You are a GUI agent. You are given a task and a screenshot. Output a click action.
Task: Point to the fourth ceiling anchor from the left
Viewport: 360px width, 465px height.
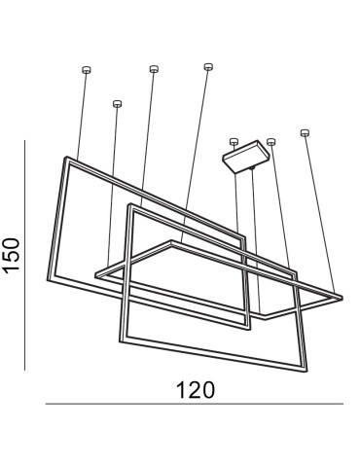208,66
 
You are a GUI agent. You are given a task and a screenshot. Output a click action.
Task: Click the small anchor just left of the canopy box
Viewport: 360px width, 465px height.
233,141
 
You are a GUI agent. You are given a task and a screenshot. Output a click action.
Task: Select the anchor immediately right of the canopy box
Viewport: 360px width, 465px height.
270,141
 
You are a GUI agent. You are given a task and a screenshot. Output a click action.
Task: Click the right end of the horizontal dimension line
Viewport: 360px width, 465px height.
343,404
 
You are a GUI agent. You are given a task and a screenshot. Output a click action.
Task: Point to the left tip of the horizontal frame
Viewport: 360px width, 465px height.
95,276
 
